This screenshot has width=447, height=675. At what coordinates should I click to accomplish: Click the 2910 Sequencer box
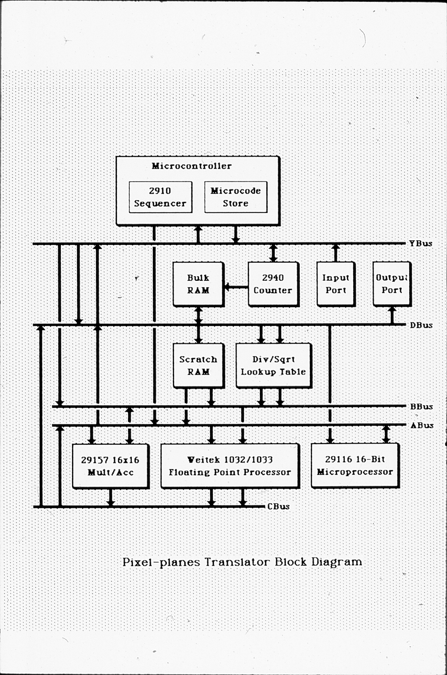pos(160,197)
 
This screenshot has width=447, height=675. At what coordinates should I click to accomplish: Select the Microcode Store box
pos(236,197)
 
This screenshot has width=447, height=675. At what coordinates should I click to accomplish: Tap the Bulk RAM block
pos(198,284)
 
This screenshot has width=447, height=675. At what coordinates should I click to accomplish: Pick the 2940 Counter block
pos(273,284)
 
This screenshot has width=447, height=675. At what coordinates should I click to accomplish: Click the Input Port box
pos(335,284)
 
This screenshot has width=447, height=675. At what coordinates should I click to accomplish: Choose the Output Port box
pos(391,284)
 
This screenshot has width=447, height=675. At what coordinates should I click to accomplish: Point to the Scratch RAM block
pos(198,365)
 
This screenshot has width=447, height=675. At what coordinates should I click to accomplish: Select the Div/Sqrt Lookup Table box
pos(273,365)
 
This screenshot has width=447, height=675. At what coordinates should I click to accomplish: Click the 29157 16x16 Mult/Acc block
pos(110,466)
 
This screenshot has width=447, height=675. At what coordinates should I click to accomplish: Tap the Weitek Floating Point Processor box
pos(229,466)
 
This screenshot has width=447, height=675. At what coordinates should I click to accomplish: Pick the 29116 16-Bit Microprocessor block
pos(355,465)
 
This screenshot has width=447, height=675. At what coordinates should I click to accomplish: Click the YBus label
pos(420,243)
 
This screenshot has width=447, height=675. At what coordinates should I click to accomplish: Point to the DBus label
pos(421,325)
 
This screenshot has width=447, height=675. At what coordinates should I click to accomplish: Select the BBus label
pos(421,407)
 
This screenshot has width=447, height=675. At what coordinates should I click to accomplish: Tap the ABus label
pos(422,425)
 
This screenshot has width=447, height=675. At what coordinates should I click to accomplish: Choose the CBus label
pos(278,506)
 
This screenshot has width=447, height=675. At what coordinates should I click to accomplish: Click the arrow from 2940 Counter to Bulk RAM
pos(236,287)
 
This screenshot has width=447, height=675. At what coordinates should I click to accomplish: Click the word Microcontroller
pos(191,166)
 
